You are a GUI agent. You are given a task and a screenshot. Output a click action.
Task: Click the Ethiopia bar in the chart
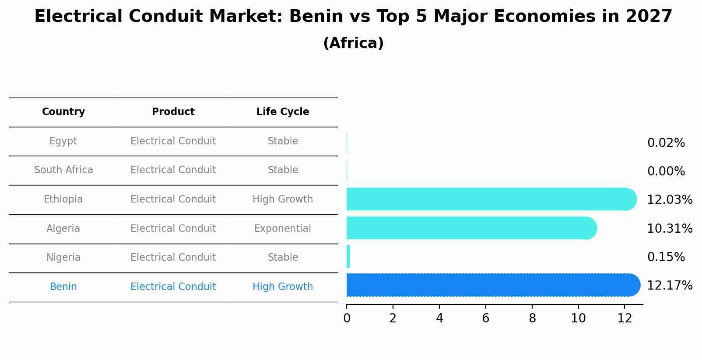[x=490, y=199]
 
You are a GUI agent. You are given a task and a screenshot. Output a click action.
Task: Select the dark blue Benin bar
[x=492, y=285]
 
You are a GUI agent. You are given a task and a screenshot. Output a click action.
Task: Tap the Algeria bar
[x=470, y=228]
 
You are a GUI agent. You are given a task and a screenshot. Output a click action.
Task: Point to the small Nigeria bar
[x=348, y=256]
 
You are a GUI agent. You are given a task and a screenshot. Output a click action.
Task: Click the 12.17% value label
[x=669, y=286]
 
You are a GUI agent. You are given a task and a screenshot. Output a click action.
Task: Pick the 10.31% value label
[x=669, y=228]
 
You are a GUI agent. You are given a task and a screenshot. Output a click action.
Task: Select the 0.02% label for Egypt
[x=666, y=143]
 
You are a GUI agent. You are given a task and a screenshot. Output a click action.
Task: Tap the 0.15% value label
[x=666, y=257]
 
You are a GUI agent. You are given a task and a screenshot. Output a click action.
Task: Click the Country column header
[x=63, y=112]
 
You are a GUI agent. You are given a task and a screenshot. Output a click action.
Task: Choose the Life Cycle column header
[x=283, y=112]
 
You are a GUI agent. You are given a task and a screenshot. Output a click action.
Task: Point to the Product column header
[x=173, y=112]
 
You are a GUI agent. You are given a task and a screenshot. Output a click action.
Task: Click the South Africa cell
[x=63, y=170]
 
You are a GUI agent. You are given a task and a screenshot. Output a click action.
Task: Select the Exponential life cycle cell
[x=283, y=228]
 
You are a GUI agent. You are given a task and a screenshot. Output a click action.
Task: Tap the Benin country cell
[x=63, y=287]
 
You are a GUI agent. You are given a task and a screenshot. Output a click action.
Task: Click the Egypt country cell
[x=63, y=141]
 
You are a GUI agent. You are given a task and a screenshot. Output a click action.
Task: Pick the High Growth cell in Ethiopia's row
[x=283, y=199]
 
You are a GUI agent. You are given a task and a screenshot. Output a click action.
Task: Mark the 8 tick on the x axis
[x=532, y=318]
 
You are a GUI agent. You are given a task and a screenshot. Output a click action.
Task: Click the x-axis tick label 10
[x=578, y=318]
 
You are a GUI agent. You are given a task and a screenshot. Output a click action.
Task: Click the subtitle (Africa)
[x=353, y=43]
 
